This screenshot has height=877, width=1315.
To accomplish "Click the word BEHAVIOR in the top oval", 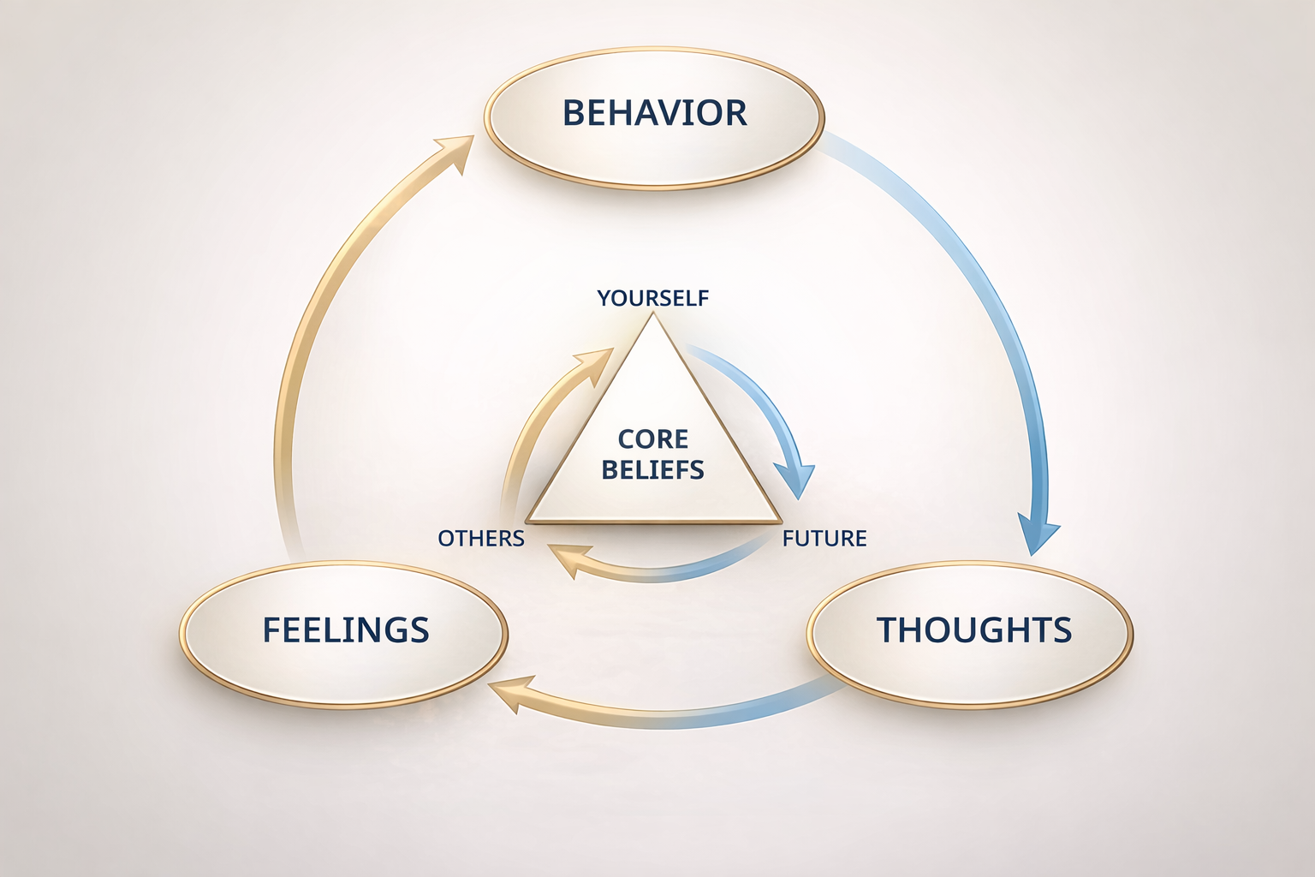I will click(x=654, y=113).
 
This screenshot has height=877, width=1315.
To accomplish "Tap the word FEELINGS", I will click(x=345, y=630).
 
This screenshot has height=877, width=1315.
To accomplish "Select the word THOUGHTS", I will click(x=973, y=630).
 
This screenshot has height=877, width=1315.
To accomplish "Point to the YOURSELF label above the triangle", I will click(x=653, y=298).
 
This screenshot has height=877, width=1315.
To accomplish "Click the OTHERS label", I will click(x=480, y=538).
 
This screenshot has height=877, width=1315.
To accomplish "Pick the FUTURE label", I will click(x=824, y=538).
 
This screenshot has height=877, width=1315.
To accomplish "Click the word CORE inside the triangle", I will click(x=653, y=439).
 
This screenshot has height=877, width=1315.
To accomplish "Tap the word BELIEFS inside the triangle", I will click(x=653, y=469).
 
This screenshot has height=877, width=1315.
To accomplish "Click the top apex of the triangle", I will click(x=653, y=314).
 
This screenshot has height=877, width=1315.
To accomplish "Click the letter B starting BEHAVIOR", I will click(x=573, y=113).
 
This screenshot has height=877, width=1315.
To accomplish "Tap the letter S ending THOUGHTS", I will click(x=1062, y=630).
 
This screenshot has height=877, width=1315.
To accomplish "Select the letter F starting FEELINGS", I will click(x=271, y=630).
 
